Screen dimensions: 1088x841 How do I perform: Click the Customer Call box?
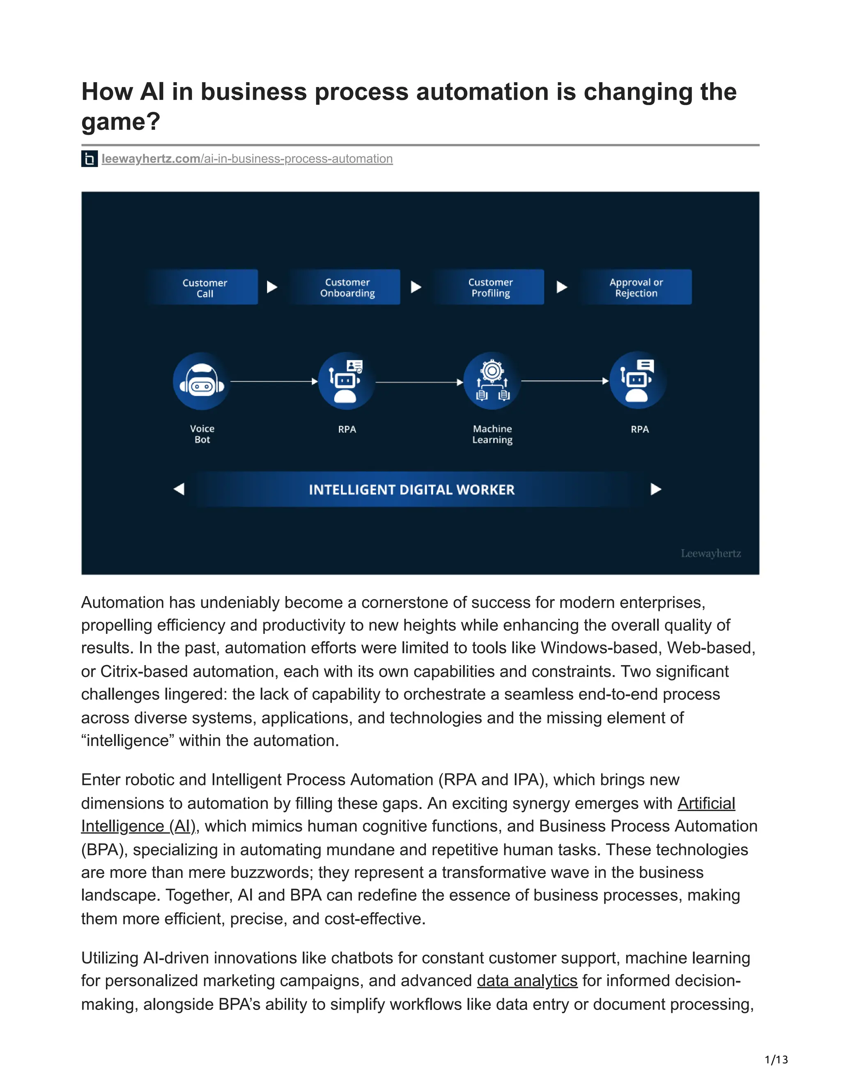pos(204,287)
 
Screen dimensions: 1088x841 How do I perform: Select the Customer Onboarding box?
pos(347,287)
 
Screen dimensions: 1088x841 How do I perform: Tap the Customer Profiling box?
pos(490,287)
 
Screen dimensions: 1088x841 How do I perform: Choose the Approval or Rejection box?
pos(636,287)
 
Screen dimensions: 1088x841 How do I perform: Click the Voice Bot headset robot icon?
pos(202,381)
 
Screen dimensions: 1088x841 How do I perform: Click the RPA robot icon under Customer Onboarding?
pos(347,381)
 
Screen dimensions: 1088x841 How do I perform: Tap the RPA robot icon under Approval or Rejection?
pos(638,381)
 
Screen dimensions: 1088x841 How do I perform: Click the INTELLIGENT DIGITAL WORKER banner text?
pos(411,490)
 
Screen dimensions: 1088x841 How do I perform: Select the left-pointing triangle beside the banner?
pos(179,489)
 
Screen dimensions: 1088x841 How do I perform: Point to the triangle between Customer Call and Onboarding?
pos(271,287)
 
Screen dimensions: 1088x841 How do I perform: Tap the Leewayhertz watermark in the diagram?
pos(710,553)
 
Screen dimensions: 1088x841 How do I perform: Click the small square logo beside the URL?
pos(89,159)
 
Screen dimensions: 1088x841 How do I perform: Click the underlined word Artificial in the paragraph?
pos(706,803)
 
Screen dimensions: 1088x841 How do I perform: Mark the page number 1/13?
pos(776,1059)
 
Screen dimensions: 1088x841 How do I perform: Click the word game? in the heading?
pos(121,121)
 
